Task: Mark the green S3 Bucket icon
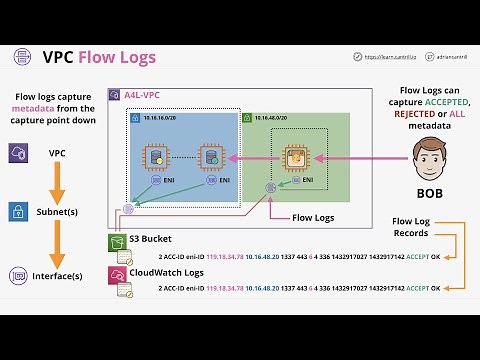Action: point(115,242)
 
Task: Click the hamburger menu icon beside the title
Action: point(19,57)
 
